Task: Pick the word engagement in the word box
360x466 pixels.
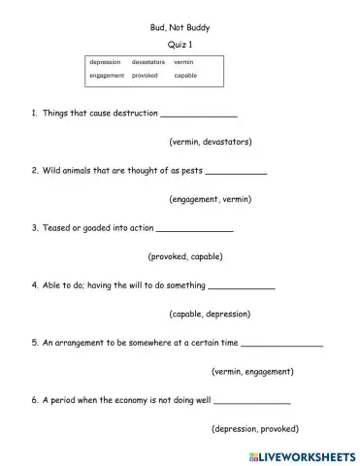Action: pos(108,75)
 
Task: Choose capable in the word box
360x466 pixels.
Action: pos(185,75)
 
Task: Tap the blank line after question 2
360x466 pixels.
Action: pos(237,172)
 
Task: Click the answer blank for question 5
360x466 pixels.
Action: pos(280,344)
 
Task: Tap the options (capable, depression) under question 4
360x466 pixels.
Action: pos(211,314)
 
